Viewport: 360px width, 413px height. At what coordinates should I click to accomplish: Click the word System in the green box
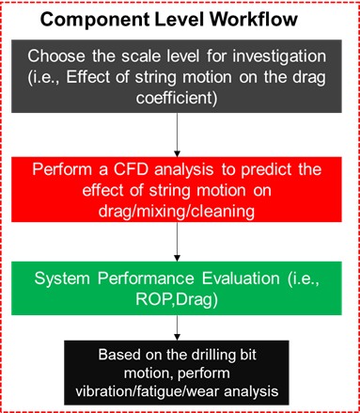tap(61, 278)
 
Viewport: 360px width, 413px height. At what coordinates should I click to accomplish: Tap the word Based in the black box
tap(117, 355)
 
